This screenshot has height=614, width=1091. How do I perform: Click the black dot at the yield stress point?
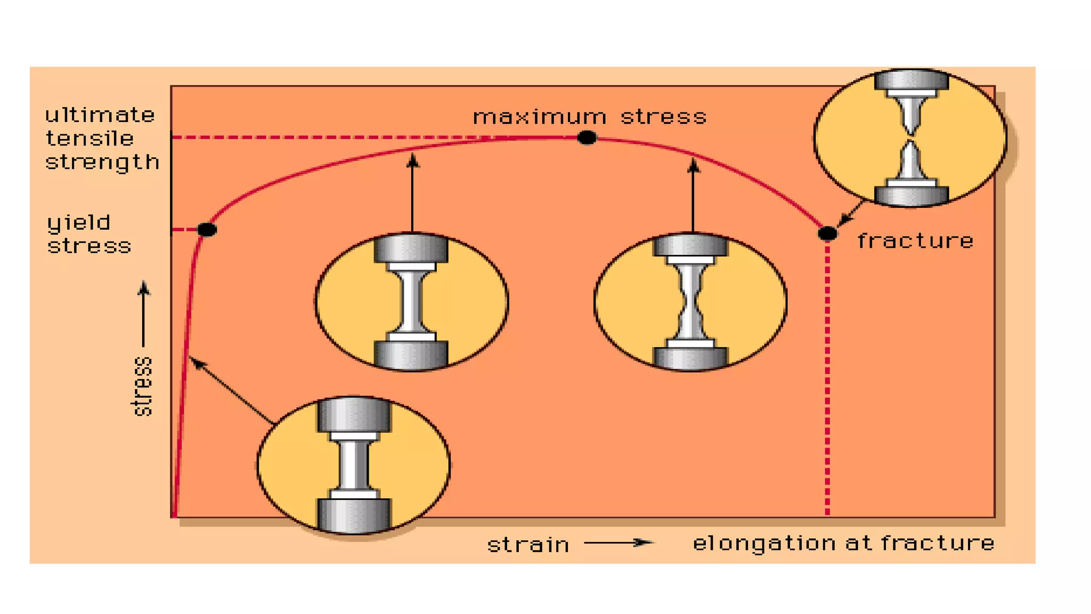click(x=207, y=230)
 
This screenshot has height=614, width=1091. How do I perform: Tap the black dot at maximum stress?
click(x=587, y=138)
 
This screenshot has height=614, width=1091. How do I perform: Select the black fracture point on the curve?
click(x=827, y=233)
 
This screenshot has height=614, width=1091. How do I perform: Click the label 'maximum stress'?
click(x=590, y=117)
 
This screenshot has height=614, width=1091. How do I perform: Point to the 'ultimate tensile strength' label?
click(x=101, y=139)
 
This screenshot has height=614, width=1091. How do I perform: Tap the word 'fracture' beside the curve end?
click(x=915, y=241)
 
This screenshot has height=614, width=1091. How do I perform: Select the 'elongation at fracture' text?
click(x=843, y=543)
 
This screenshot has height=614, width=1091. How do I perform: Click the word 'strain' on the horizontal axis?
click(x=528, y=545)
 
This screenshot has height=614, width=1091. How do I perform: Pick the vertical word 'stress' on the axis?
click(x=142, y=386)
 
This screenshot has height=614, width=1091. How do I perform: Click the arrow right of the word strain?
click(x=618, y=543)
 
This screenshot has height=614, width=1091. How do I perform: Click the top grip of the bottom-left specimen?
click(x=354, y=414)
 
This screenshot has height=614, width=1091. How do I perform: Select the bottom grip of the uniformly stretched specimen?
click(x=411, y=353)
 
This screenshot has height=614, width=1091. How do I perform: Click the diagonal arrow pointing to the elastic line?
click(x=232, y=391)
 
